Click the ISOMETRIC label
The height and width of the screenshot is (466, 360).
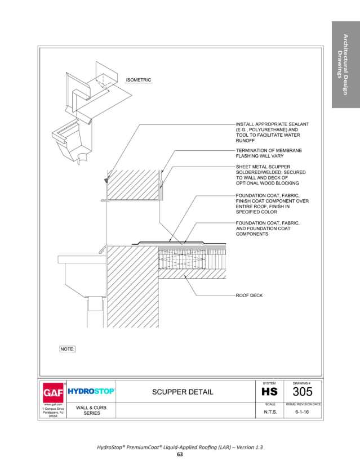(x=138, y=80)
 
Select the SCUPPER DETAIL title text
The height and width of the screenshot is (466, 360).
(x=183, y=392)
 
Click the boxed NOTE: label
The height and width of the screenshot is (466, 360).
(x=68, y=349)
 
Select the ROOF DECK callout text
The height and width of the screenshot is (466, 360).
(x=249, y=295)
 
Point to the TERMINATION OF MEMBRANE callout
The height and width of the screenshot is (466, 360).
(x=269, y=150)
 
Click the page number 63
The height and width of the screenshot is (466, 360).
(x=180, y=454)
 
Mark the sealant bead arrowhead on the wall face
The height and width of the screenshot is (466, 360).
(x=106, y=180)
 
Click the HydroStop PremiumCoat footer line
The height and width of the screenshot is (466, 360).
(x=180, y=447)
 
